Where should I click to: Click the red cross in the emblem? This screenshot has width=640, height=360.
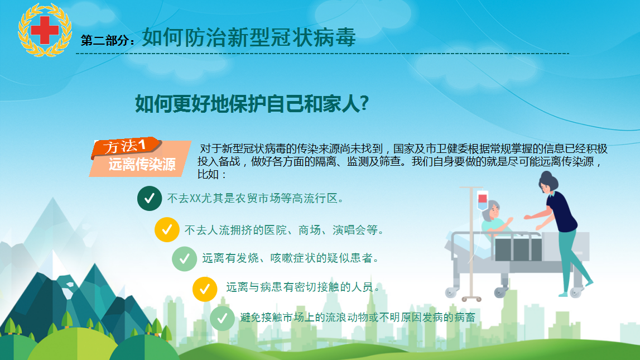tap(45, 30)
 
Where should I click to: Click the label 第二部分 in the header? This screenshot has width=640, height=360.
tap(105, 40)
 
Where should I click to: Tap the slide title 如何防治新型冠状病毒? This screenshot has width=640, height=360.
tap(249, 37)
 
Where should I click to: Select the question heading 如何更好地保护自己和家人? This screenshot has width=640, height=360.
tap(252, 104)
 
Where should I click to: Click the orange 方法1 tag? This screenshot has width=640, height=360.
tap(126, 147)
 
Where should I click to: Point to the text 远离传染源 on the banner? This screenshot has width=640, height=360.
tap(142, 165)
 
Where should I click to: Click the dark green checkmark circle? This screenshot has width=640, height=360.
tap(150, 198)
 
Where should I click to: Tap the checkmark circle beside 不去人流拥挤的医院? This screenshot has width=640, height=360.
tap(167, 230)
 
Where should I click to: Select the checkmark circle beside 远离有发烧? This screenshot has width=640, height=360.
tap(185, 259)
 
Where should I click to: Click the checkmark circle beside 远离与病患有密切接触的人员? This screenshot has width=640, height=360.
tap(205, 289)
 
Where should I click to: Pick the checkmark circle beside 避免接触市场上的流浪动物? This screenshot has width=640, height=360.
tap(223, 318)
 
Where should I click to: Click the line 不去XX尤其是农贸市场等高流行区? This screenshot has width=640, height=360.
tap(256, 198)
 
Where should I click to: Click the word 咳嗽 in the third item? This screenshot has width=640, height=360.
tap(281, 258)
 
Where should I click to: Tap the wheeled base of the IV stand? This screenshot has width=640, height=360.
tap(471, 299)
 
